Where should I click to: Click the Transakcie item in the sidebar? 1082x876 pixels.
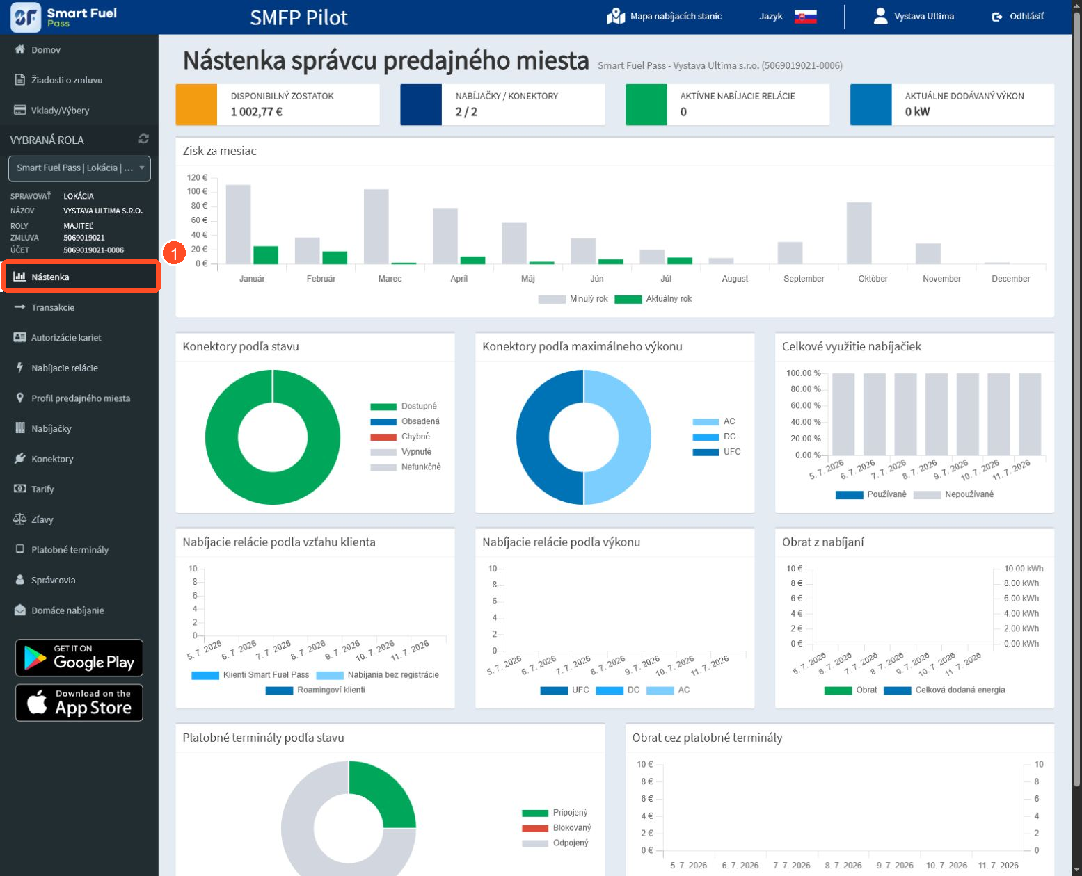pyautogui.click(x=52, y=307)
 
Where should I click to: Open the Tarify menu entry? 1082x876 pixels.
pyautogui.click(x=42, y=489)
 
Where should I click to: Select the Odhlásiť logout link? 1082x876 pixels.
pyautogui.click(x=1017, y=16)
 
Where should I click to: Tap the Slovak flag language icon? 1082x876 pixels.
pyautogui.click(x=805, y=17)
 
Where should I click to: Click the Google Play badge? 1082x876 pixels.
pyautogui.click(x=79, y=658)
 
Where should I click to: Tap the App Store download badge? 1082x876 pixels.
pyautogui.click(x=79, y=703)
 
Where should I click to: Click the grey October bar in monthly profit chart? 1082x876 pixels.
pyautogui.click(x=859, y=233)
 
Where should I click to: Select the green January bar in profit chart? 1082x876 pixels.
pyautogui.click(x=266, y=254)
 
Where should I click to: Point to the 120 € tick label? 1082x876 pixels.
pyautogui.click(x=197, y=177)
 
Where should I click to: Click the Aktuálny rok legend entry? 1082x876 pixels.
pyautogui.click(x=653, y=299)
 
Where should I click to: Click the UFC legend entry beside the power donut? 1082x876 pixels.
pyautogui.click(x=717, y=452)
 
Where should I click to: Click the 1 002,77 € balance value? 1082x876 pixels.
pyautogui.click(x=257, y=112)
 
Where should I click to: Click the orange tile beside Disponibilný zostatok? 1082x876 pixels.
pyautogui.click(x=196, y=104)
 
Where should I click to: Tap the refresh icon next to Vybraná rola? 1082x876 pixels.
pyautogui.click(x=144, y=138)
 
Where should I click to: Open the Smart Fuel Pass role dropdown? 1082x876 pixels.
pyautogui.click(x=80, y=168)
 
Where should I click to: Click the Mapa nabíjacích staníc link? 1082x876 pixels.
pyautogui.click(x=665, y=16)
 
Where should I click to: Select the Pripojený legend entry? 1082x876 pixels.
pyautogui.click(x=555, y=813)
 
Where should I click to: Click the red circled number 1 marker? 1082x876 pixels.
pyautogui.click(x=174, y=252)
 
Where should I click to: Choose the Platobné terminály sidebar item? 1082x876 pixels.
pyautogui.click(x=62, y=550)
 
